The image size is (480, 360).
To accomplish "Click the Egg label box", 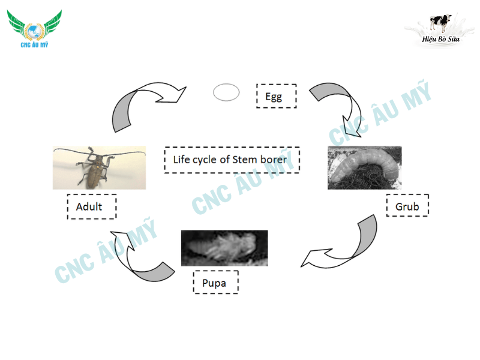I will [x=276, y=96].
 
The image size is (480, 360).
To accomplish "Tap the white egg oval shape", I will [x=226, y=92].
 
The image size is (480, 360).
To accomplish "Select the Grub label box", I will [x=407, y=207].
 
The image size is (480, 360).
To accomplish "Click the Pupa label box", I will [x=215, y=283].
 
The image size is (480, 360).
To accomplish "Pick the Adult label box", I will [x=91, y=207].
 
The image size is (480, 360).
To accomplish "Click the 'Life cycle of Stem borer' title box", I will [x=232, y=160].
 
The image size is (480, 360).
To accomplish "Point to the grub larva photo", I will [x=364, y=168].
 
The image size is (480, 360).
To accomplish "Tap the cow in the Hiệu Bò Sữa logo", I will [x=440, y=22].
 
